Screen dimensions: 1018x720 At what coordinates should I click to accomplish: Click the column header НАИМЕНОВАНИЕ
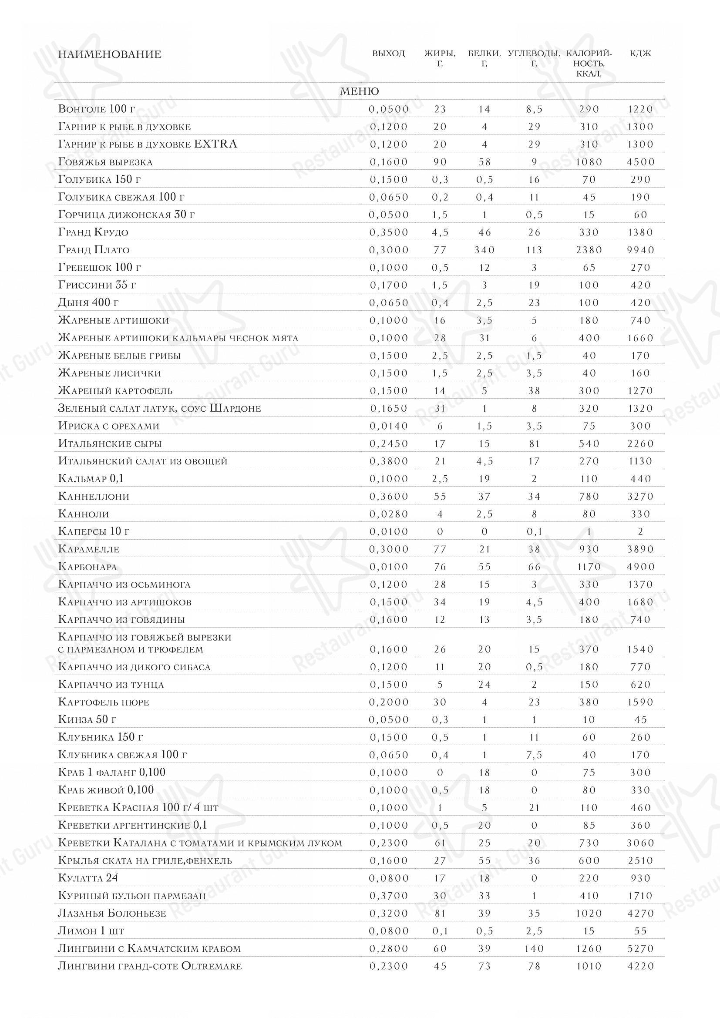click(110, 54)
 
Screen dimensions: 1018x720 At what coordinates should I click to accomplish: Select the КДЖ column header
click(640, 54)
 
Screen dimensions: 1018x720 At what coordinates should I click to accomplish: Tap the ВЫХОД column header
click(388, 54)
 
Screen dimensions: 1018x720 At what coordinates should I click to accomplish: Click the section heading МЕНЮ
click(359, 91)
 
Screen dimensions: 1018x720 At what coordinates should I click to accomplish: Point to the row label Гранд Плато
click(94, 250)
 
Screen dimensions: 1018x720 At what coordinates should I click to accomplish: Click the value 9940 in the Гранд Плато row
click(640, 250)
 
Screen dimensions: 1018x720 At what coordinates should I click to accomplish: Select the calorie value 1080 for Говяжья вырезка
click(589, 162)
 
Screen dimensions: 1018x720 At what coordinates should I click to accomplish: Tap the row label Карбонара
click(87, 567)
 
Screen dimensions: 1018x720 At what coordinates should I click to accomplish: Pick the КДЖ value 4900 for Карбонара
click(640, 567)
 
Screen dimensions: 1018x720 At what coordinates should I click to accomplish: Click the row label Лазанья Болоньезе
click(112, 914)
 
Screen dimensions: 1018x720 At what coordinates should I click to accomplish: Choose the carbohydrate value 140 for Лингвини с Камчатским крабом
click(534, 948)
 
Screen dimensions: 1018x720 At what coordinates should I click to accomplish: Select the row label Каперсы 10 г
click(94, 531)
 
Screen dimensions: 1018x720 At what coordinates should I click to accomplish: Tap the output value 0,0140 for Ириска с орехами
click(388, 426)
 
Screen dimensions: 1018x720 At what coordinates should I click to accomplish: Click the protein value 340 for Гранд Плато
click(484, 250)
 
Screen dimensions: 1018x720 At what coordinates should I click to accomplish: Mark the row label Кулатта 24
click(88, 878)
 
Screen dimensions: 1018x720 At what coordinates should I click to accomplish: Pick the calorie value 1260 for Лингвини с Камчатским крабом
click(589, 948)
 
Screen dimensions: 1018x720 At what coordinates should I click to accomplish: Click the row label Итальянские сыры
click(110, 443)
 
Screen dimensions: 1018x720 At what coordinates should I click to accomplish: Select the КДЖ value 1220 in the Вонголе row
click(640, 109)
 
